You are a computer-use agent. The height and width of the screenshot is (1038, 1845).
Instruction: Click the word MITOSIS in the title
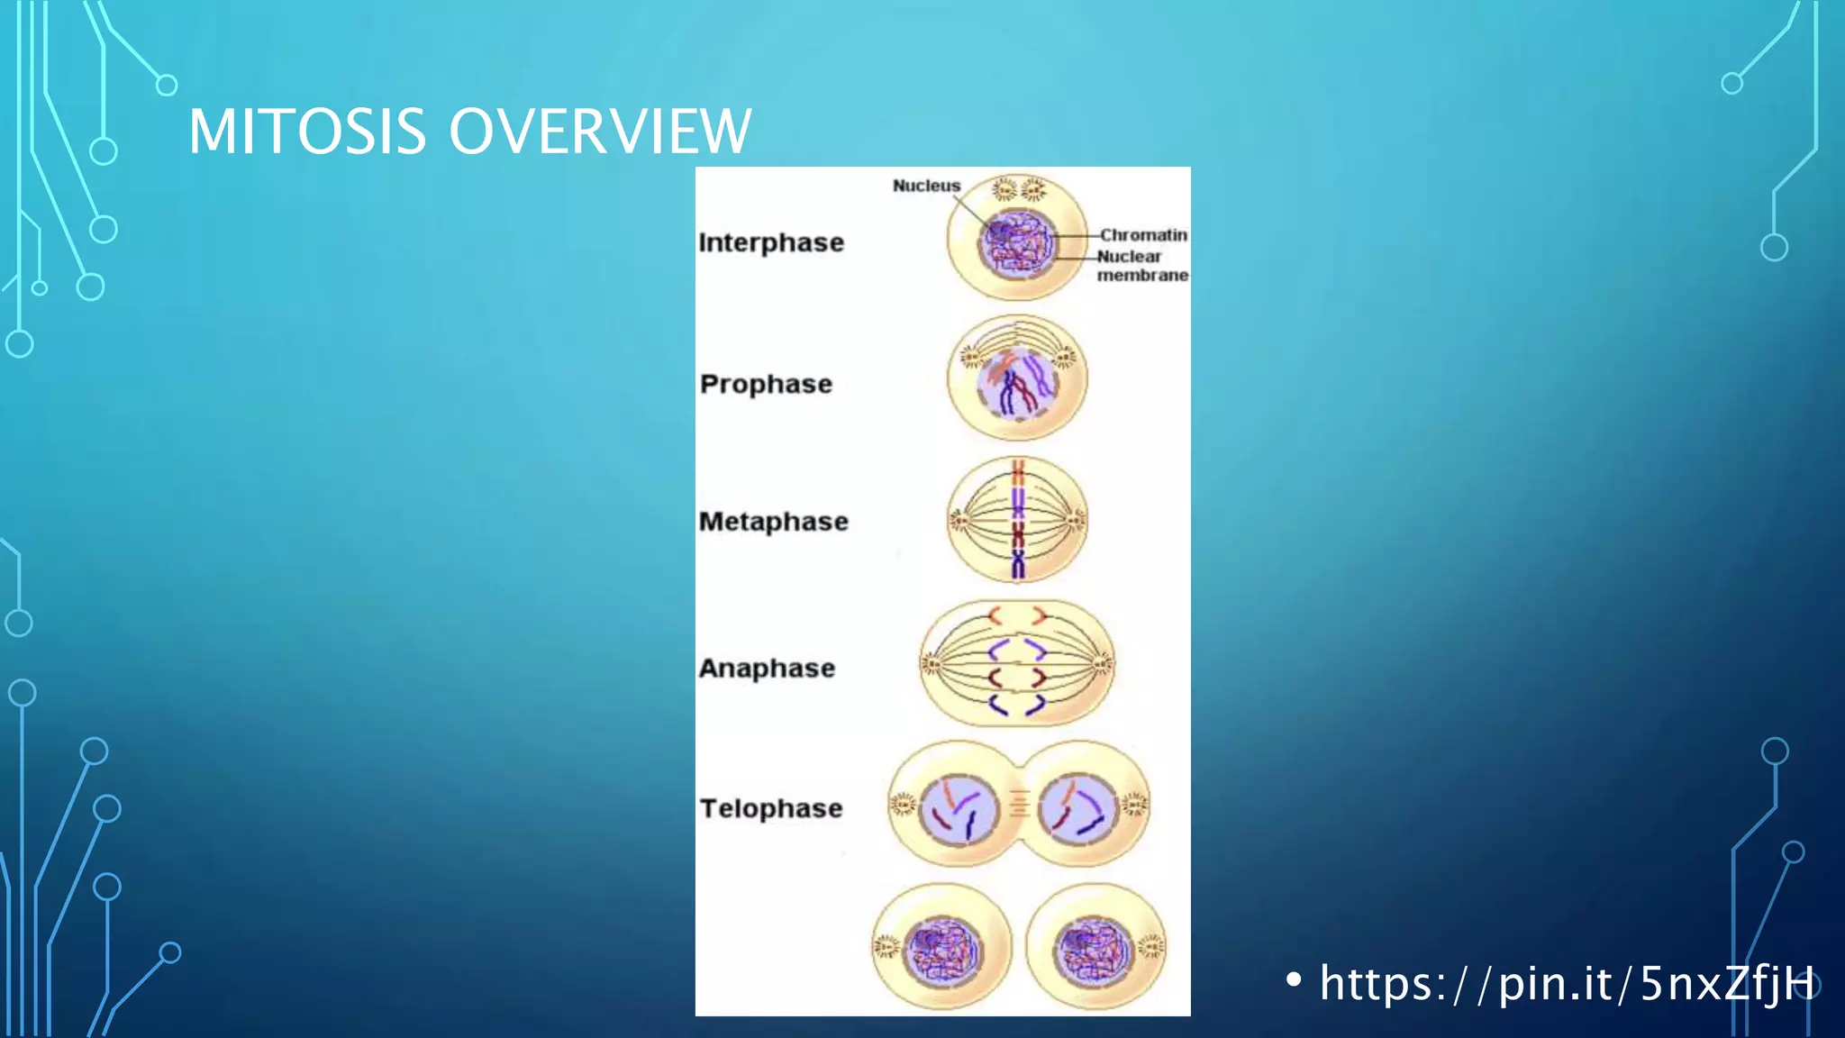306,132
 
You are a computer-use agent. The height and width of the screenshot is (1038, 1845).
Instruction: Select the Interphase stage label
771,242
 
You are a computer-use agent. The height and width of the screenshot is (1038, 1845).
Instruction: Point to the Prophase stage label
766,384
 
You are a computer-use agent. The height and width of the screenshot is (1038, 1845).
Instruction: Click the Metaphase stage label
773,522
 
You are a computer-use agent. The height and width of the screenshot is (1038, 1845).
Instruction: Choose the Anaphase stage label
767,669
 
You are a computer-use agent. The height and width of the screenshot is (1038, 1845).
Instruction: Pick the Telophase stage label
771,808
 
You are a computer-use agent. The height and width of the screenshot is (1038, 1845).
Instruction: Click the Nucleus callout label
926,186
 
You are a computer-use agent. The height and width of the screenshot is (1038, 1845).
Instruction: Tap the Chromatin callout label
1142,235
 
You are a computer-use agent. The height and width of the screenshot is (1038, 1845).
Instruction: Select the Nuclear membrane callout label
1141,266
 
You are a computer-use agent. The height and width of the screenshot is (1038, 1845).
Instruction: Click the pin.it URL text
1567,983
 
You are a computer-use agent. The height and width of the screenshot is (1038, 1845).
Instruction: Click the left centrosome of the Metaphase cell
959,521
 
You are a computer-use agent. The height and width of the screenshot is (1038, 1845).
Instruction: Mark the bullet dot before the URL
1295,979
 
